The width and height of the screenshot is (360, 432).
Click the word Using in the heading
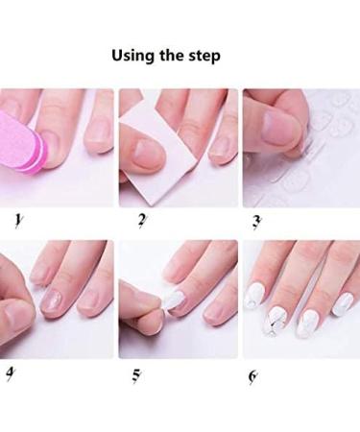[x=132, y=56]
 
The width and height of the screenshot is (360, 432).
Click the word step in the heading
[x=204, y=56]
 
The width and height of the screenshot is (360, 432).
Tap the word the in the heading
[x=170, y=56]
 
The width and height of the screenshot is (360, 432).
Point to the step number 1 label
[x=18, y=222]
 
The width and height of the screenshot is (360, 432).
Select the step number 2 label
[x=141, y=222]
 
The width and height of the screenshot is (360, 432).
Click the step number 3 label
[x=256, y=223]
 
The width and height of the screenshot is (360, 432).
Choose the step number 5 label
[x=136, y=374]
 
